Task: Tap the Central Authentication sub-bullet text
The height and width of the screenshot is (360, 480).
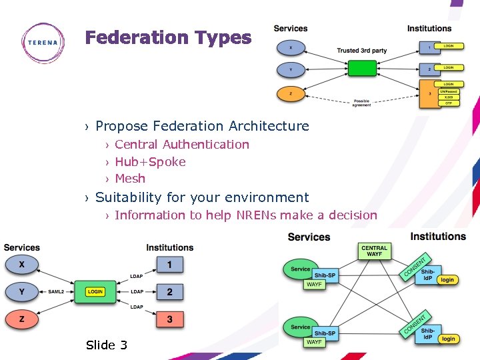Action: [181, 145]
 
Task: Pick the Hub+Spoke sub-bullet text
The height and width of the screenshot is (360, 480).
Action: [150, 162]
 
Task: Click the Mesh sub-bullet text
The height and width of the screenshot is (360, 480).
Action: [130, 179]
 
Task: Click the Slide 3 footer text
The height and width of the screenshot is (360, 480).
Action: [106, 345]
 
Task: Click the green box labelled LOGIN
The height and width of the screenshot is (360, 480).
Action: [95, 292]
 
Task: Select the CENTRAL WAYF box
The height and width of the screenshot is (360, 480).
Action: [374, 251]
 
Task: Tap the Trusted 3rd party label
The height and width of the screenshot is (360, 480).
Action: [361, 51]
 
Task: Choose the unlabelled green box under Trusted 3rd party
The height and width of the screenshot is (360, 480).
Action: [362, 69]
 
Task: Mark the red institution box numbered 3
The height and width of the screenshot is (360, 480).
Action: [169, 319]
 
